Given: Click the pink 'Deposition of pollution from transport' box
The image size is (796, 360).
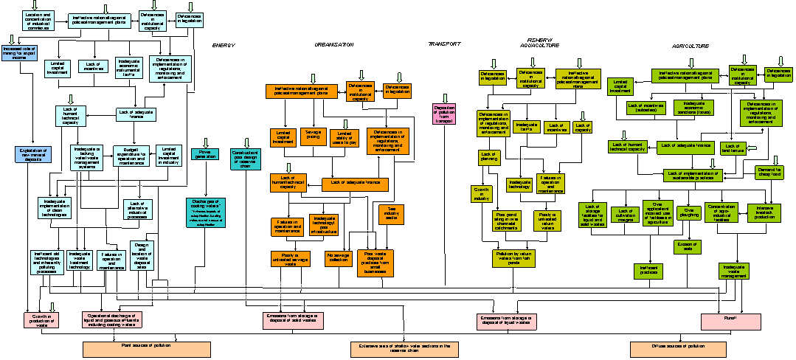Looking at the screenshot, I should pos(444,114).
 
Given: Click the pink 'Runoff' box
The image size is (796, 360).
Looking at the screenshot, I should pos(730,322).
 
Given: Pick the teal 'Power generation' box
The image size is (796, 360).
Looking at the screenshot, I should pos(205,154).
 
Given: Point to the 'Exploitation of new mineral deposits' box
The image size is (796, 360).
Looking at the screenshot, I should pos(33,154).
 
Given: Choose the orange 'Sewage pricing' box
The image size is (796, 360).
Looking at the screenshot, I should pos(314,136).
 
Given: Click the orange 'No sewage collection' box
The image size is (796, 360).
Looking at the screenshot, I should pos(338,258).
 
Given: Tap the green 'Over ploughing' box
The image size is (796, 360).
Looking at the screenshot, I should pos(688,212).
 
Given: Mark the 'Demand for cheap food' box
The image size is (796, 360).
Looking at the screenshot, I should pos(769,173).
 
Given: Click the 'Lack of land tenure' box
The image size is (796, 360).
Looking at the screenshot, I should pos(733,148).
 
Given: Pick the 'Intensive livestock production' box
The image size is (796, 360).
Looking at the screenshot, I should pos(764,212).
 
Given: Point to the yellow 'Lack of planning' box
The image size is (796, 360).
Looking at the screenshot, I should pos(488,157).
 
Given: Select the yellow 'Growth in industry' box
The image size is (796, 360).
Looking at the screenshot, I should pos(482,194).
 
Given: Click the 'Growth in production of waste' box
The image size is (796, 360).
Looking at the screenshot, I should pos(42,320).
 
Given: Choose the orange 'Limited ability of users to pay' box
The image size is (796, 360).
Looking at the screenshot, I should pos(343,138).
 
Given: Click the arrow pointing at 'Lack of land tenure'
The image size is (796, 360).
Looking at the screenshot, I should pos(752,148).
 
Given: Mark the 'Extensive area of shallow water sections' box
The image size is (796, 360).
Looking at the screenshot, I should pos(404,349).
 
